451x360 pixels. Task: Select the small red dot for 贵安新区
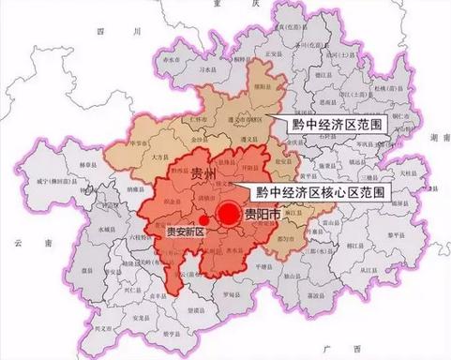[203, 220]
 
